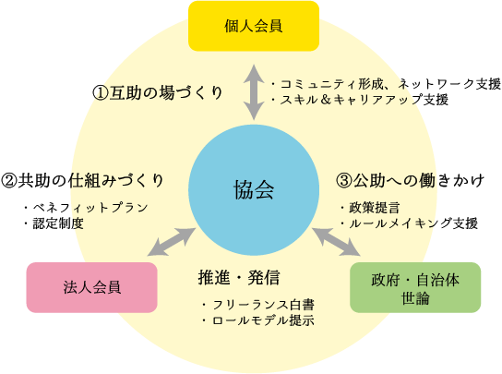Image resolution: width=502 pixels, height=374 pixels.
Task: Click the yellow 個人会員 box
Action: [x=254, y=26]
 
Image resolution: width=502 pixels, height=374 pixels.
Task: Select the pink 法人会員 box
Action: [x=92, y=287]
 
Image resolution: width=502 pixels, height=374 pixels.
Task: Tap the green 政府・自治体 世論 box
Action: [x=415, y=287]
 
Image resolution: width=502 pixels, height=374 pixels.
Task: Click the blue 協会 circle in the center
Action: [x=254, y=190]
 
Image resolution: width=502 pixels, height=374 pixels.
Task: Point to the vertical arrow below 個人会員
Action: [x=254, y=92]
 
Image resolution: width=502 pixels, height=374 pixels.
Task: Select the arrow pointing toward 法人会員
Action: [x=172, y=242]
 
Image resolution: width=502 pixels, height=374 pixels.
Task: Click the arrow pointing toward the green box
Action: [x=336, y=242]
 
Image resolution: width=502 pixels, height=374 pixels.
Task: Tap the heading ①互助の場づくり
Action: [x=158, y=93]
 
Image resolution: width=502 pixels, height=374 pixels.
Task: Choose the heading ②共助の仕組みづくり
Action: [x=83, y=180]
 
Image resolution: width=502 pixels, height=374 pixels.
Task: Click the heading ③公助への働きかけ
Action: [x=410, y=180]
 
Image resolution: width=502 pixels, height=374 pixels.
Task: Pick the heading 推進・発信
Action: [x=239, y=278]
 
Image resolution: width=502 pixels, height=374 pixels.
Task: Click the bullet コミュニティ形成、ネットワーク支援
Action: [x=386, y=84]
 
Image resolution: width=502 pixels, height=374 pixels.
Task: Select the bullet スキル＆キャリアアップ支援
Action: [x=360, y=100]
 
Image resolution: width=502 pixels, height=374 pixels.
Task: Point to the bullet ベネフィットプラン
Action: [x=86, y=208]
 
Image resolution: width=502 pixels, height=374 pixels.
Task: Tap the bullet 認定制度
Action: [x=54, y=223]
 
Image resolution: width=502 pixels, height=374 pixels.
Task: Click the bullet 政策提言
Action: [x=370, y=208]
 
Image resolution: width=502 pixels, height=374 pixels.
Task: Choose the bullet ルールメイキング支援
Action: [x=409, y=223]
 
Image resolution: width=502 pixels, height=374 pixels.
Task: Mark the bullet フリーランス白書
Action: [x=258, y=305]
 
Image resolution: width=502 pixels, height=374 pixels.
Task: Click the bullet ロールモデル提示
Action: [x=258, y=320]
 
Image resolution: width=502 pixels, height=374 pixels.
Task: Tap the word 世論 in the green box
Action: [x=415, y=298]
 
